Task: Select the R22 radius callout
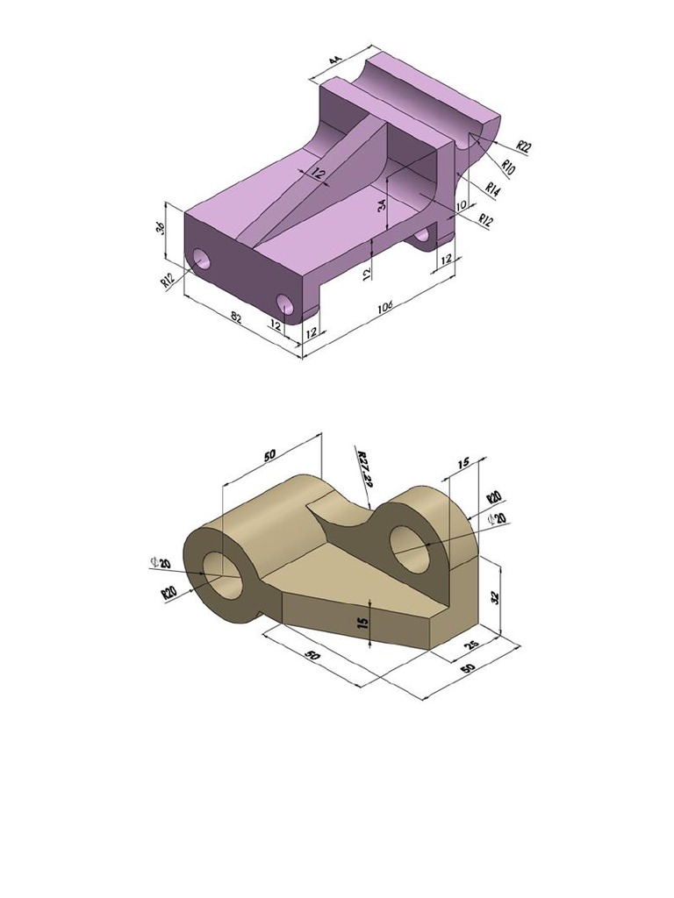pyautogui.click(x=523, y=146)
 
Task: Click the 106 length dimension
pyautogui.click(x=384, y=307)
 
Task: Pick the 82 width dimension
pyautogui.click(x=235, y=317)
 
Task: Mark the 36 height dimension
pyautogui.click(x=161, y=229)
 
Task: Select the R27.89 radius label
pyautogui.click(x=365, y=468)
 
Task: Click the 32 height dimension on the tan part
pyautogui.click(x=495, y=596)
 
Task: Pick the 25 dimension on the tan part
pyautogui.click(x=471, y=646)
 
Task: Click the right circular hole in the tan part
pyautogui.click(x=408, y=543)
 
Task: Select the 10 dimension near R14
pyautogui.click(x=460, y=206)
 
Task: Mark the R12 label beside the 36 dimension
pyautogui.click(x=168, y=280)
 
